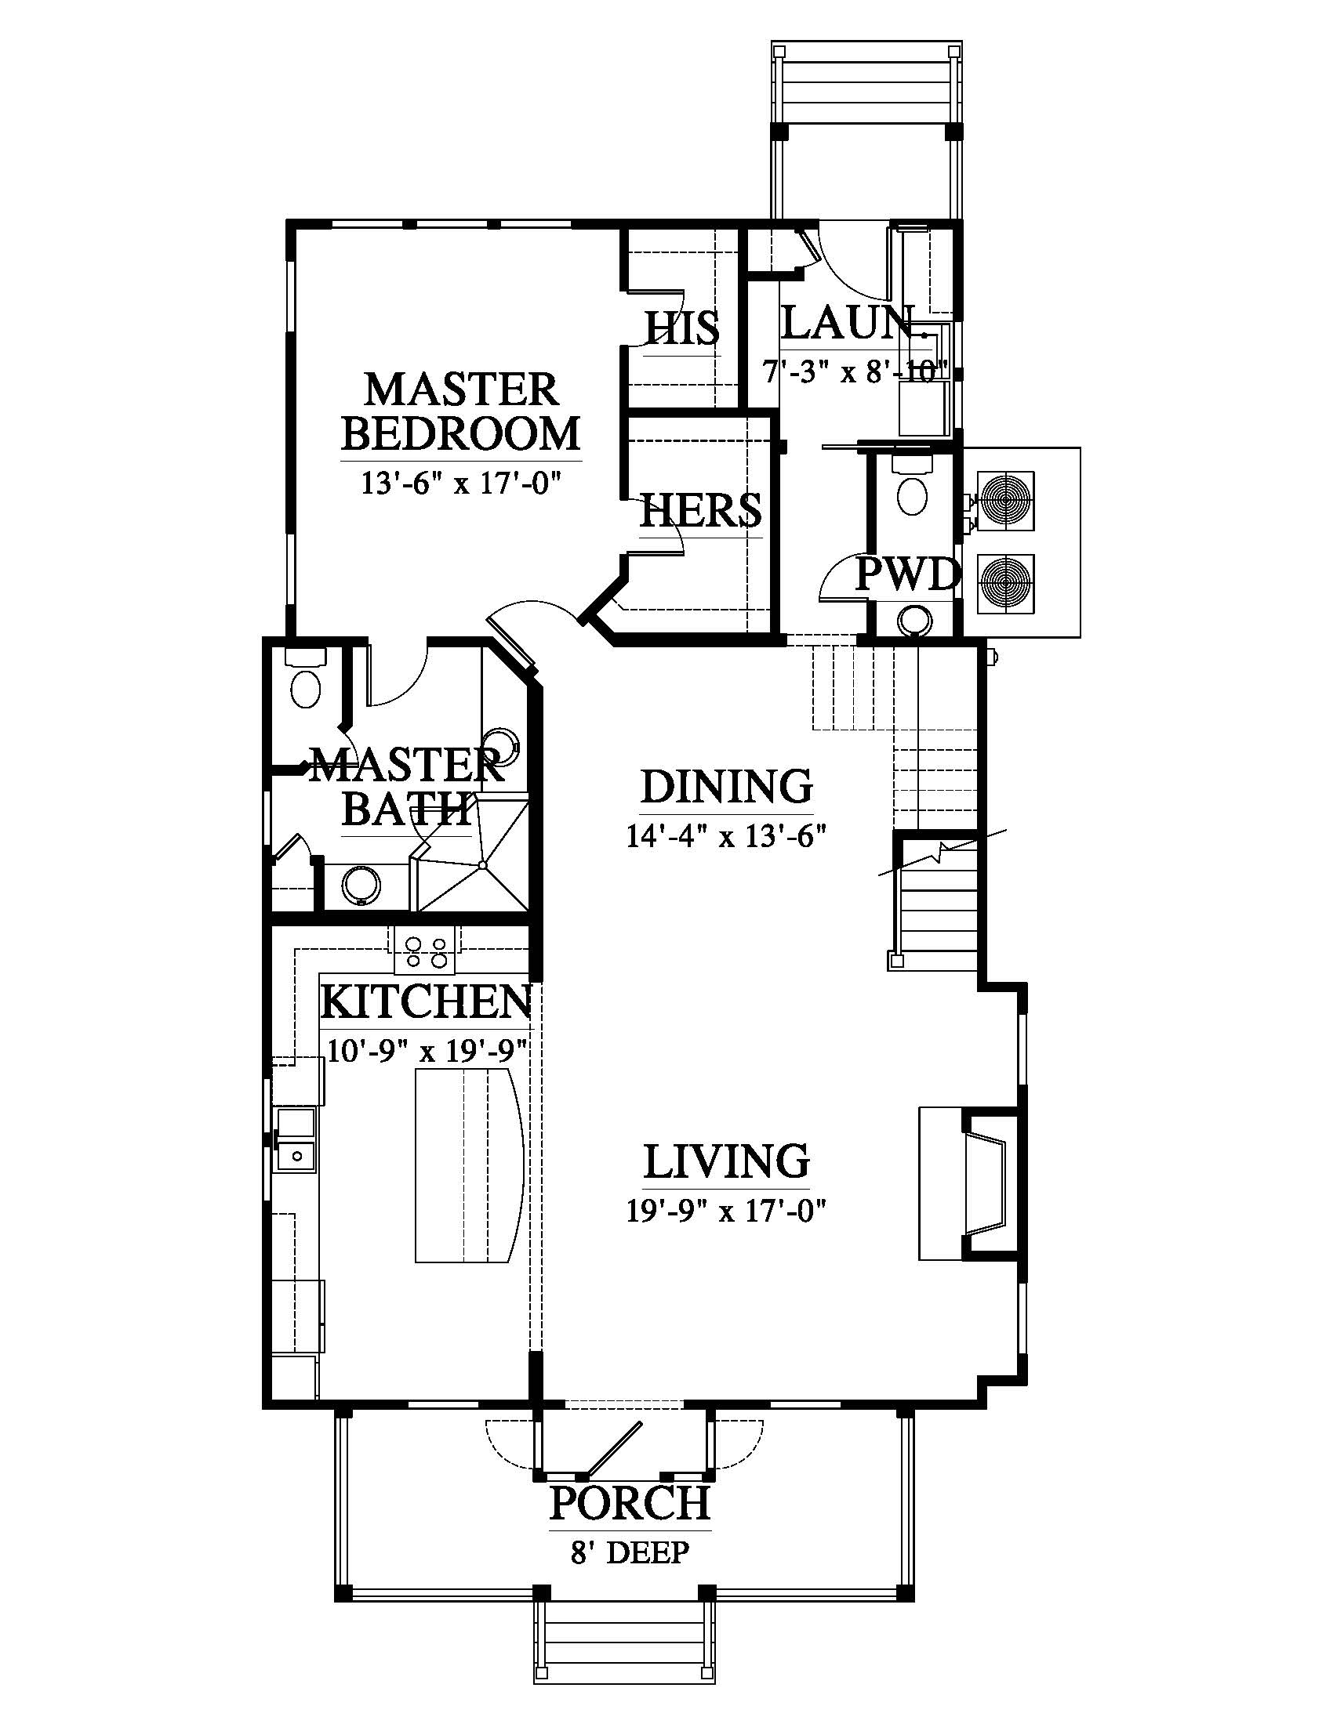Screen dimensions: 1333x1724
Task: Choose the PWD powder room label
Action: tap(907, 575)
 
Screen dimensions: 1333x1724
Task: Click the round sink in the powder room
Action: tap(915, 619)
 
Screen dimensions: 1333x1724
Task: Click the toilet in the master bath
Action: tap(306, 679)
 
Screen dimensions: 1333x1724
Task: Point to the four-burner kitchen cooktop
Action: tap(425, 951)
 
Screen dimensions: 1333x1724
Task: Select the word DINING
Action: tap(727, 786)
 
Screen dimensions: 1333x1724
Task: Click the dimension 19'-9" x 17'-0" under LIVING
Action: tap(727, 1211)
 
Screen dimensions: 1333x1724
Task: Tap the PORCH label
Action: tap(630, 1503)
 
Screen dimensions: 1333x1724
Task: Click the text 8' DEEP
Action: tap(630, 1552)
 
